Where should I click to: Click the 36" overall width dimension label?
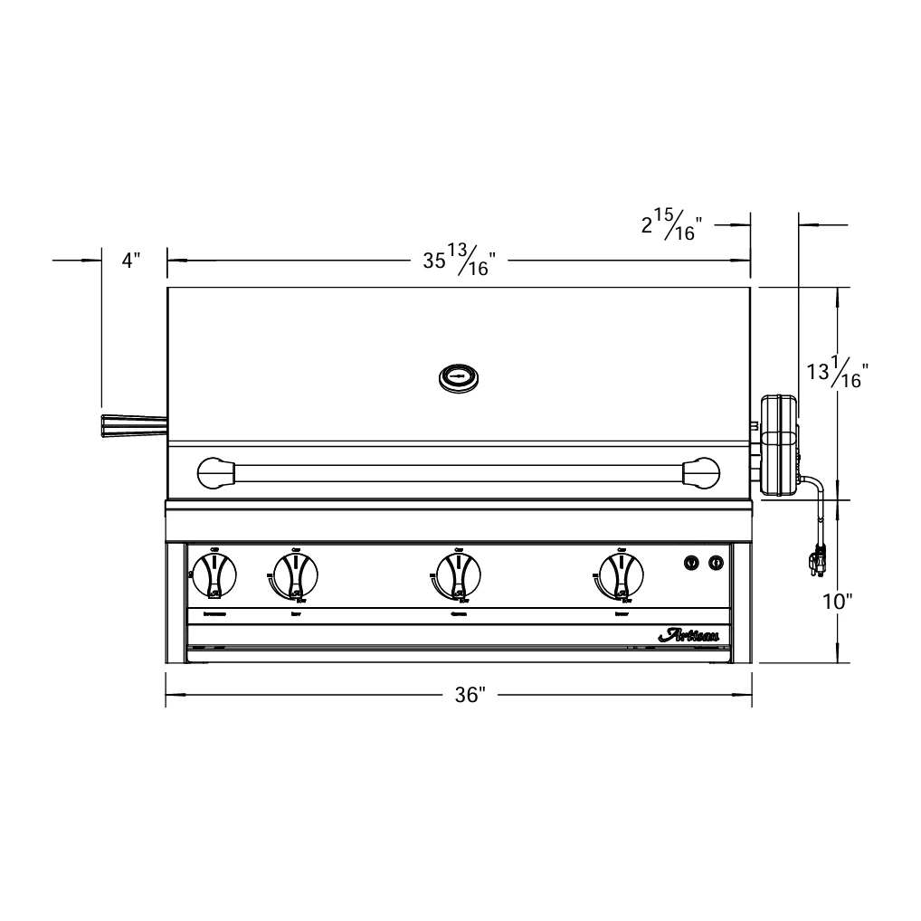tap(470, 695)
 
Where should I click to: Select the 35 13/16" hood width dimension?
tap(460, 261)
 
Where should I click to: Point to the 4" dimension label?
tap(132, 261)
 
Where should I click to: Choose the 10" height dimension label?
tap(837, 601)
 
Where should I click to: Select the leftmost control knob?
tap(214, 575)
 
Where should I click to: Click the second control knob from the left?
tap(295, 575)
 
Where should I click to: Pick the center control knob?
tap(458, 575)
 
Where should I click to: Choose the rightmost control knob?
tap(622, 575)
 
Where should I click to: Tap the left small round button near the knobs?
tap(692, 563)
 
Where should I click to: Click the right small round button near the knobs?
tap(716, 563)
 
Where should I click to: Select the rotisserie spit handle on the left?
tap(133, 424)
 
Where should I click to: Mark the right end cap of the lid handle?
tap(700, 472)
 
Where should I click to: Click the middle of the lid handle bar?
tap(459, 472)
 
